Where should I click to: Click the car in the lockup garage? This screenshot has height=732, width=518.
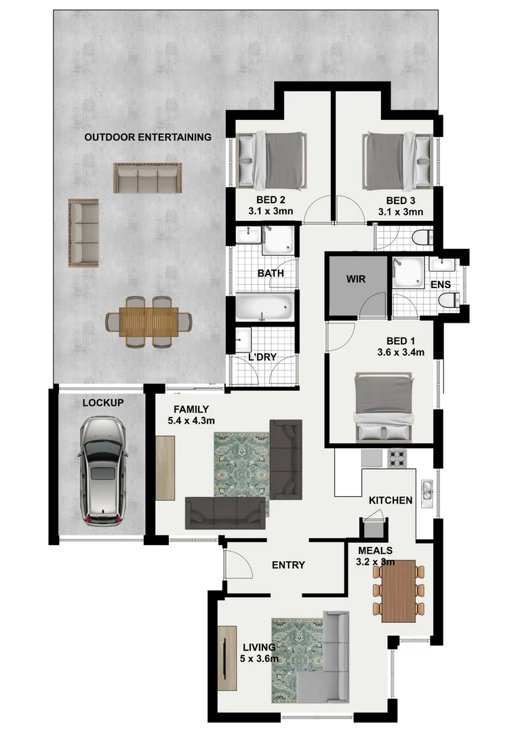[102, 470]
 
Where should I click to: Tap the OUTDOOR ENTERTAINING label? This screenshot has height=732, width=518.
[147, 137]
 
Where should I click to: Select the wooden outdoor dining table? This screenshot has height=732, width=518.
[148, 322]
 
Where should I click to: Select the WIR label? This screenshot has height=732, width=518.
[356, 279]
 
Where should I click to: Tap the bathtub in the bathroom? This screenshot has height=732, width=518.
[264, 308]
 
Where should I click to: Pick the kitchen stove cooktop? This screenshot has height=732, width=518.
[397, 458]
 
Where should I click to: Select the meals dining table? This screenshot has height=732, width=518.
[398, 590]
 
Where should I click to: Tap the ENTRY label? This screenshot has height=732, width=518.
[288, 565]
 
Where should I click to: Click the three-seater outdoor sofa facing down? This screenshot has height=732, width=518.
[147, 178]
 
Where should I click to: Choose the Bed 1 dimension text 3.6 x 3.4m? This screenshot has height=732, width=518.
[401, 352]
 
